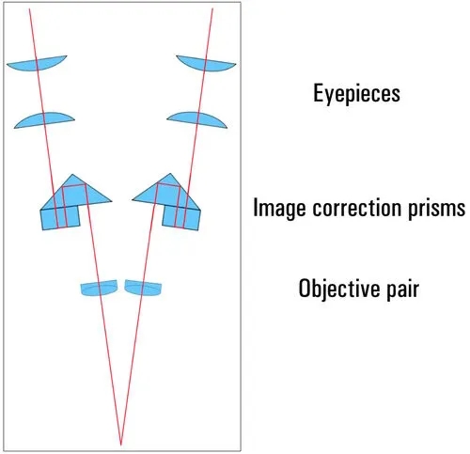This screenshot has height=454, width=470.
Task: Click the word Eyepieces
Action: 356,93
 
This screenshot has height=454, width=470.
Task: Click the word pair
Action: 402,290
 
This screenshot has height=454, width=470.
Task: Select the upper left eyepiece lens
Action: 37,63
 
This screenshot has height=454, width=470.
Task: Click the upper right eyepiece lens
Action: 206,63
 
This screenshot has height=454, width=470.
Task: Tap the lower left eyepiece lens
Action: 44,120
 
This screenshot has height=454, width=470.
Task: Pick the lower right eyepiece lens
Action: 197,120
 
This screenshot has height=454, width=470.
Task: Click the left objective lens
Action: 99,288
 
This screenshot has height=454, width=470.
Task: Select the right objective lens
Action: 143,288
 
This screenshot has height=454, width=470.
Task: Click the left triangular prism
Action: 75,194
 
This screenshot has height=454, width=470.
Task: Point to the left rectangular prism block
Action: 60,218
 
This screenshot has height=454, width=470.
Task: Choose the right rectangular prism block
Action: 181,218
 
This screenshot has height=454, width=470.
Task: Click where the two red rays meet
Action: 121,445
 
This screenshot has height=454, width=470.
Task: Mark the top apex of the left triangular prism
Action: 72,174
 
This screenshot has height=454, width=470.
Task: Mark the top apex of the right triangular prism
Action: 170,173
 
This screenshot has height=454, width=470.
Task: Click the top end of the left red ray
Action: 29,8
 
